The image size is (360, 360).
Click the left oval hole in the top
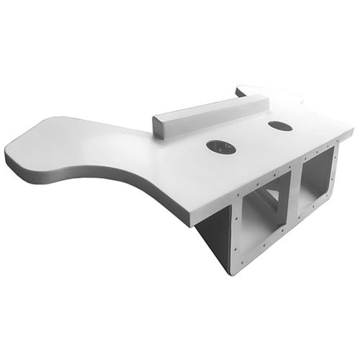pos(220,148)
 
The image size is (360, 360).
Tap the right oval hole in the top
pos(279,126)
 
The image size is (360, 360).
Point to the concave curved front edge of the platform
pos(108,173)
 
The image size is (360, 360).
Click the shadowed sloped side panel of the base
pos(213,241)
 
